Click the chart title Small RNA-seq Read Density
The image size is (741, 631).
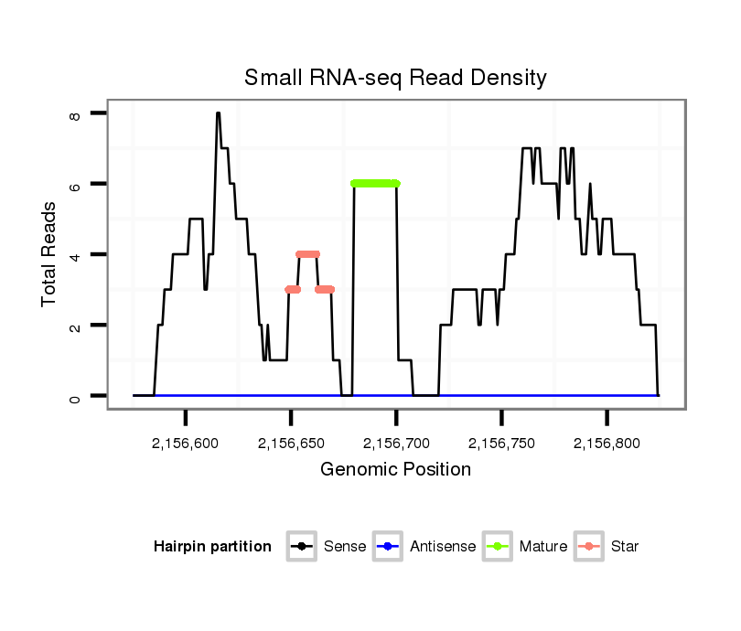point(395,78)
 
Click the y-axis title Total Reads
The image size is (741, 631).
point(50,253)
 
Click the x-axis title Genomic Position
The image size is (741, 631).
point(395,470)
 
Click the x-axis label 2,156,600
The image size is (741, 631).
point(186,444)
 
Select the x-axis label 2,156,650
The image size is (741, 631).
point(291,444)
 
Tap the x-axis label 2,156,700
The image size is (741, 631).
point(396,444)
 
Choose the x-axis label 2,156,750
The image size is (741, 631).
point(501,444)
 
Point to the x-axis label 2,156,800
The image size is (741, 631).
point(607,444)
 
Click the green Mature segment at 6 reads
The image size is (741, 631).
point(375,184)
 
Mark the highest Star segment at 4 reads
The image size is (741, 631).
point(308,254)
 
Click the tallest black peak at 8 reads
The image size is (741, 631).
point(218,114)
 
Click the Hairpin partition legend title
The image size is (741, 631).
point(212,547)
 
